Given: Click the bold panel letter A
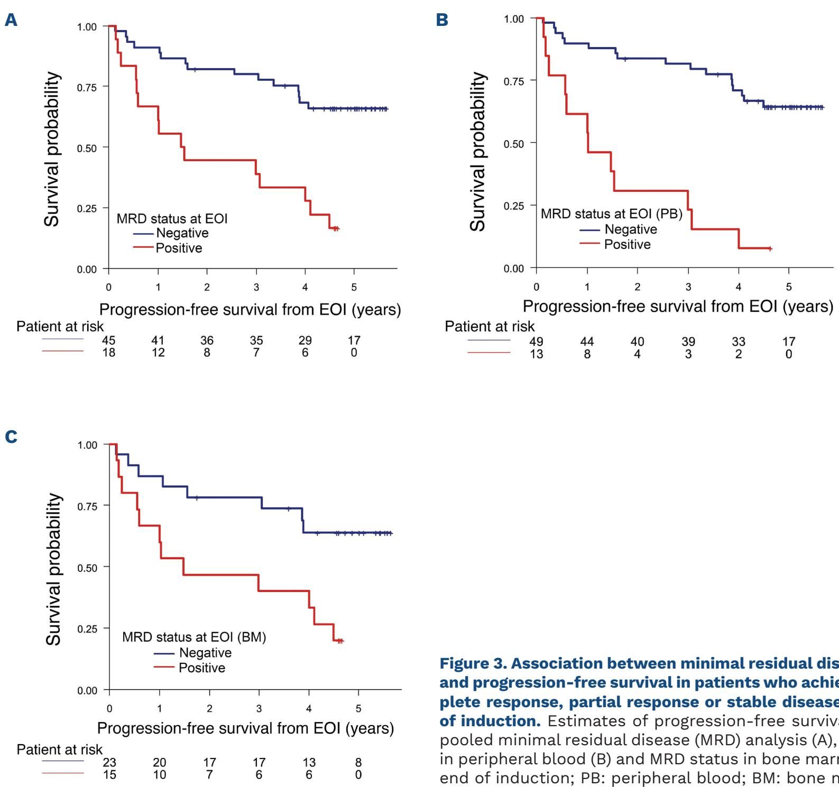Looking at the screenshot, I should [11, 20].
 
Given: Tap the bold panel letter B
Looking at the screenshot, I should [442, 20].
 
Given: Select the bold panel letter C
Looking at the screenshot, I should [11, 437].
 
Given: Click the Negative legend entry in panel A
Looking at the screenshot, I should [182, 233].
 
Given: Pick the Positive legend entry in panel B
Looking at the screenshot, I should [627, 244].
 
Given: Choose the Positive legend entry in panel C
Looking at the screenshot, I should [201, 668].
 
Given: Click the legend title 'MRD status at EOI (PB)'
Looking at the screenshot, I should [611, 214].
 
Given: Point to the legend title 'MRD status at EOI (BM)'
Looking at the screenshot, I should [194, 637].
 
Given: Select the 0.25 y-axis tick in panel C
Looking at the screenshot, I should [87, 629].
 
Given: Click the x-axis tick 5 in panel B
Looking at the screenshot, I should [789, 287].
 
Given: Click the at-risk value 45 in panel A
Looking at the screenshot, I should [109, 340].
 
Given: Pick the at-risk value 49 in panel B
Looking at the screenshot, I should [536, 342].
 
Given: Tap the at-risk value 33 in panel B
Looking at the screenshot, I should [739, 342].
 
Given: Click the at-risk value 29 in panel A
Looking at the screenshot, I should [305, 340].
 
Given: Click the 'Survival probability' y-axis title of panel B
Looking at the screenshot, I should [478, 152].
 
